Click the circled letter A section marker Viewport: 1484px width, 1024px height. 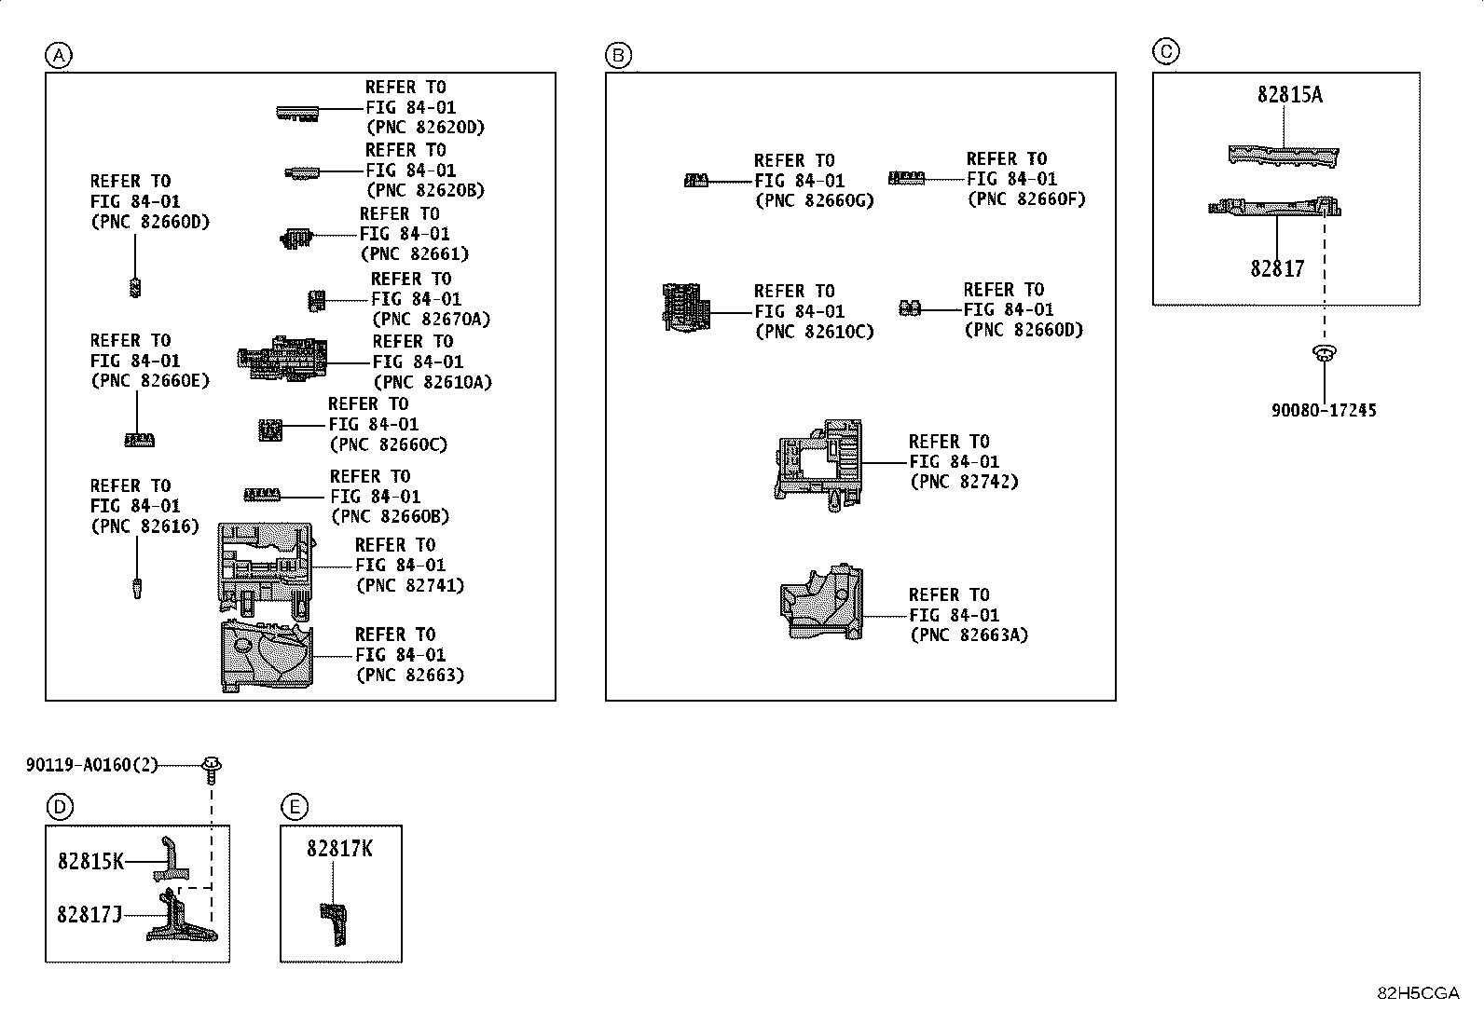tap(58, 56)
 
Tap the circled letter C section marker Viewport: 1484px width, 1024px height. tap(1165, 51)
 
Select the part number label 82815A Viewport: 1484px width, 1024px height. tap(1289, 94)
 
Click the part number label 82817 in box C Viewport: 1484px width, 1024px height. tap(1277, 268)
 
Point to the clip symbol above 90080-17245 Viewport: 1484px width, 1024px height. tap(1323, 353)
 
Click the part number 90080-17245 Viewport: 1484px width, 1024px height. tap(1324, 410)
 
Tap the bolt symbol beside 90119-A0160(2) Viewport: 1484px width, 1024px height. tap(213, 769)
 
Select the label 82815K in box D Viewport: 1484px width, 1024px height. tap(90, 862)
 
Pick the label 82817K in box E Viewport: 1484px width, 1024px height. tap(339, 849)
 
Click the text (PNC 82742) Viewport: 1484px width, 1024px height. tap(964, 482)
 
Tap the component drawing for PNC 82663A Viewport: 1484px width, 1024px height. tap(821, 603)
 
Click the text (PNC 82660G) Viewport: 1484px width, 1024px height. tap(814, 200)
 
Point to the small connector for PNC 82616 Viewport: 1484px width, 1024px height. tap(137, 588)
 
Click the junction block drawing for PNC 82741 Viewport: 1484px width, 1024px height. tap(265, 569)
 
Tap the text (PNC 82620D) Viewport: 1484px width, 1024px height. tap(425, 128)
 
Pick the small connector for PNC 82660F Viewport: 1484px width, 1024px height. tap(905, 177)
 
